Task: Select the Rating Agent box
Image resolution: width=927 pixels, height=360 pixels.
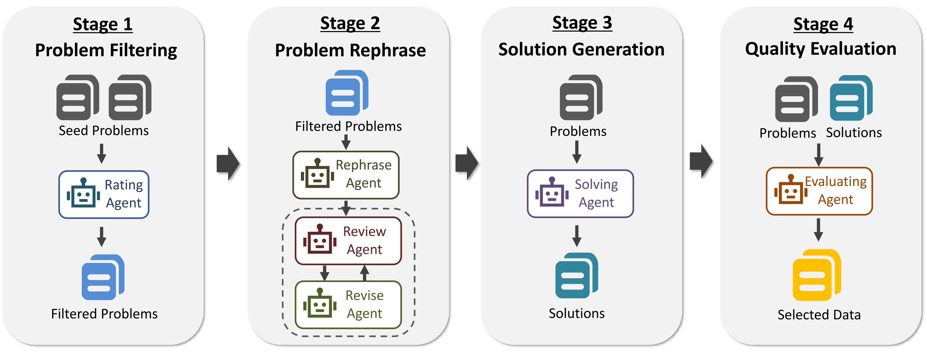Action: tap(104, 194)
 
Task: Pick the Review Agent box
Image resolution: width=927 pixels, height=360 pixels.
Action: tap(348, 240)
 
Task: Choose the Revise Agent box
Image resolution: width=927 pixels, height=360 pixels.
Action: tap(348, 305)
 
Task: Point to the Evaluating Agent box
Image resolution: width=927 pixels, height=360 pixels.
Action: tap(819, 191)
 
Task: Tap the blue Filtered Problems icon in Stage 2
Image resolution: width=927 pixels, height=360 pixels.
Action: tap(346, 93)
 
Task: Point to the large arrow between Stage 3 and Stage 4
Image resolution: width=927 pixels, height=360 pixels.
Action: tap(701, 161)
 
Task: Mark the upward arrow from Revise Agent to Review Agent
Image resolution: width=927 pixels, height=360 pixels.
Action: tap(365, 273)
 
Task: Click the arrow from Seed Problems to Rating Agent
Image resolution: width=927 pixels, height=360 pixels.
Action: tap(101, 153)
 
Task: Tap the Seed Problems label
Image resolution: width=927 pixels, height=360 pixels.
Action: tap(104, 131)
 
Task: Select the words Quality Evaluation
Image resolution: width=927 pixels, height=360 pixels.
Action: tap(821, 49)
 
